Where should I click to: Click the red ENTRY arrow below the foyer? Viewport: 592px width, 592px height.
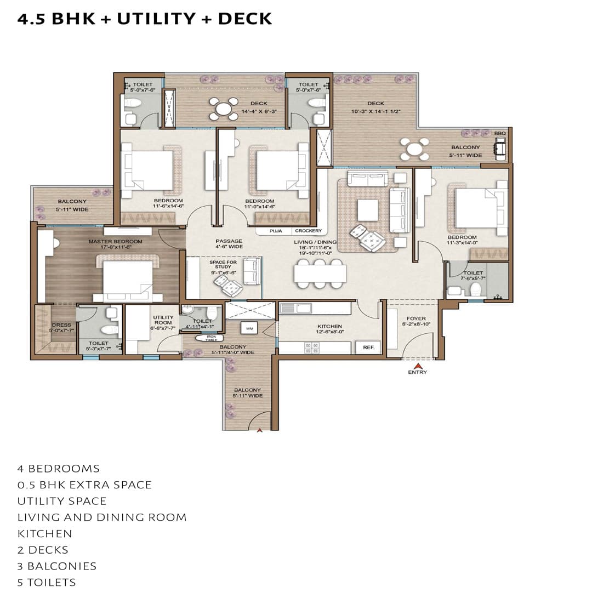click(x=418, y=366)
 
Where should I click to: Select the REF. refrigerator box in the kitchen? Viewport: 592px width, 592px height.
click(x=367, y=348)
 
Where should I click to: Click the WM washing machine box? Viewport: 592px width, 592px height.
click(x=249, y=328)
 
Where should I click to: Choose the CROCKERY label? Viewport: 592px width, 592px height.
click(x=308, y=231)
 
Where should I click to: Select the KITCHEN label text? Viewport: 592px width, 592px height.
click(x=329, y=326)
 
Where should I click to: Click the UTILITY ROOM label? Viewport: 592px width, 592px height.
click(x=163, y=320)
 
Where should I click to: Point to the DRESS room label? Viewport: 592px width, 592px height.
click(x=61, y=325)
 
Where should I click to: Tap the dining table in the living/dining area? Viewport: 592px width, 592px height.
click(x=320, y=273)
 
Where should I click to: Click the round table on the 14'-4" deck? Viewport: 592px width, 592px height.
click(x=224, y=109)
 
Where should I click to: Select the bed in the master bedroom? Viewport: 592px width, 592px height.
click(x=128, y=280)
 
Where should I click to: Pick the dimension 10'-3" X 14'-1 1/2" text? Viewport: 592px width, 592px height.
click(x=376, y=111)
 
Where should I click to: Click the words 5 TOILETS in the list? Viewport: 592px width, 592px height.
click(x=47, y=582)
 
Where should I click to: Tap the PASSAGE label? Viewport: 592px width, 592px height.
click(x=229, y=241)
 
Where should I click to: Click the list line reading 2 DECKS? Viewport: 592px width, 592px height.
click(x=43, y=550)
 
